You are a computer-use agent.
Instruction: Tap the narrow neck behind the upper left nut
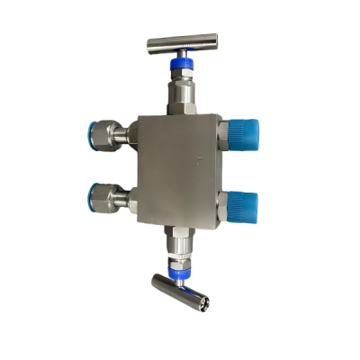coord(131,134)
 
